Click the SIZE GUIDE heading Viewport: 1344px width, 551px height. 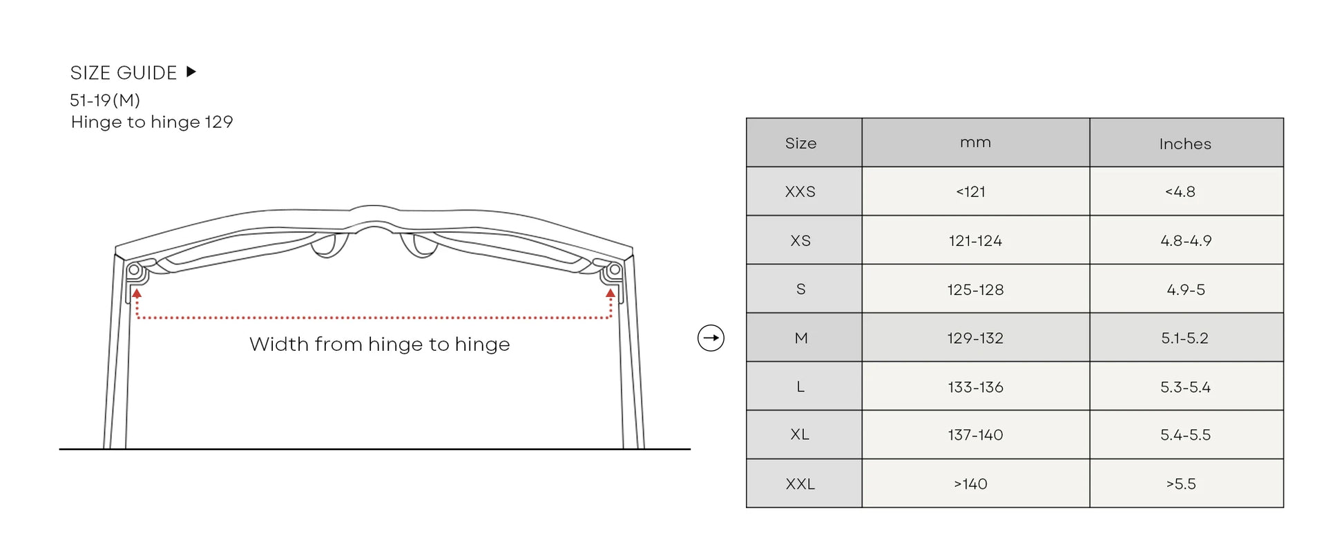(x=124, y=72)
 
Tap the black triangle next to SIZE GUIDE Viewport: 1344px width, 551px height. (x=191, y=72)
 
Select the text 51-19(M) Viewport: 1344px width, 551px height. (x=105, y=100)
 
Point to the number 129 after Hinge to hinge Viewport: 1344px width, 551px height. (x=219, y=122)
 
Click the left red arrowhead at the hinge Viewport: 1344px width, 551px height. (x=137, y=293)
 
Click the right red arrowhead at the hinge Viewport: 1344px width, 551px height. (x=611, y=293)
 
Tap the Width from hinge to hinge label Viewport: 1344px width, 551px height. (x=379, y=344)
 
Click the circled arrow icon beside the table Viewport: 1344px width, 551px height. (x=711, y=338)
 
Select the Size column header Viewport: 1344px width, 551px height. (x=800, y=143)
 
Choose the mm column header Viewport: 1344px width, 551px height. (x=975, y=143)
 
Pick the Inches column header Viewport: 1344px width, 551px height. (x=1185, y=144)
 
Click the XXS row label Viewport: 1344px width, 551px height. (x=800, y=191)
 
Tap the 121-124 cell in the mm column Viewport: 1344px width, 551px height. (x=975, y=240)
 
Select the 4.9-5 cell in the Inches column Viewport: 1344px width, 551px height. (x=1185, y=289)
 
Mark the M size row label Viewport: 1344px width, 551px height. (x=800, y=338)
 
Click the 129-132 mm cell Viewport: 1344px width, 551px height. (x=975, y=338)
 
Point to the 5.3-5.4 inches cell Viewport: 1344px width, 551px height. (x=1185, y=387)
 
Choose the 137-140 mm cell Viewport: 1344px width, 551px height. (x=975, y=435)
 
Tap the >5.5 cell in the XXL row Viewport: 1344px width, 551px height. (x=1181, y=483)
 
